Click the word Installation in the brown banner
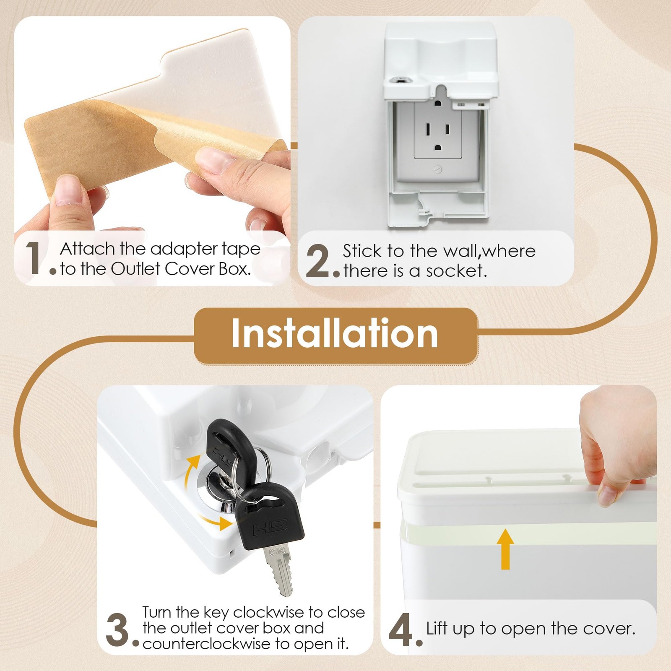pyautogui.click(x=335, y=334)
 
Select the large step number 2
pyautogui.click(x=319, y=261)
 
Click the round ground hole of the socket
pyautogui.click(x=438, y=148)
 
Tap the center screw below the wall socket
pyautogui.click(x=438, y=170)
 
